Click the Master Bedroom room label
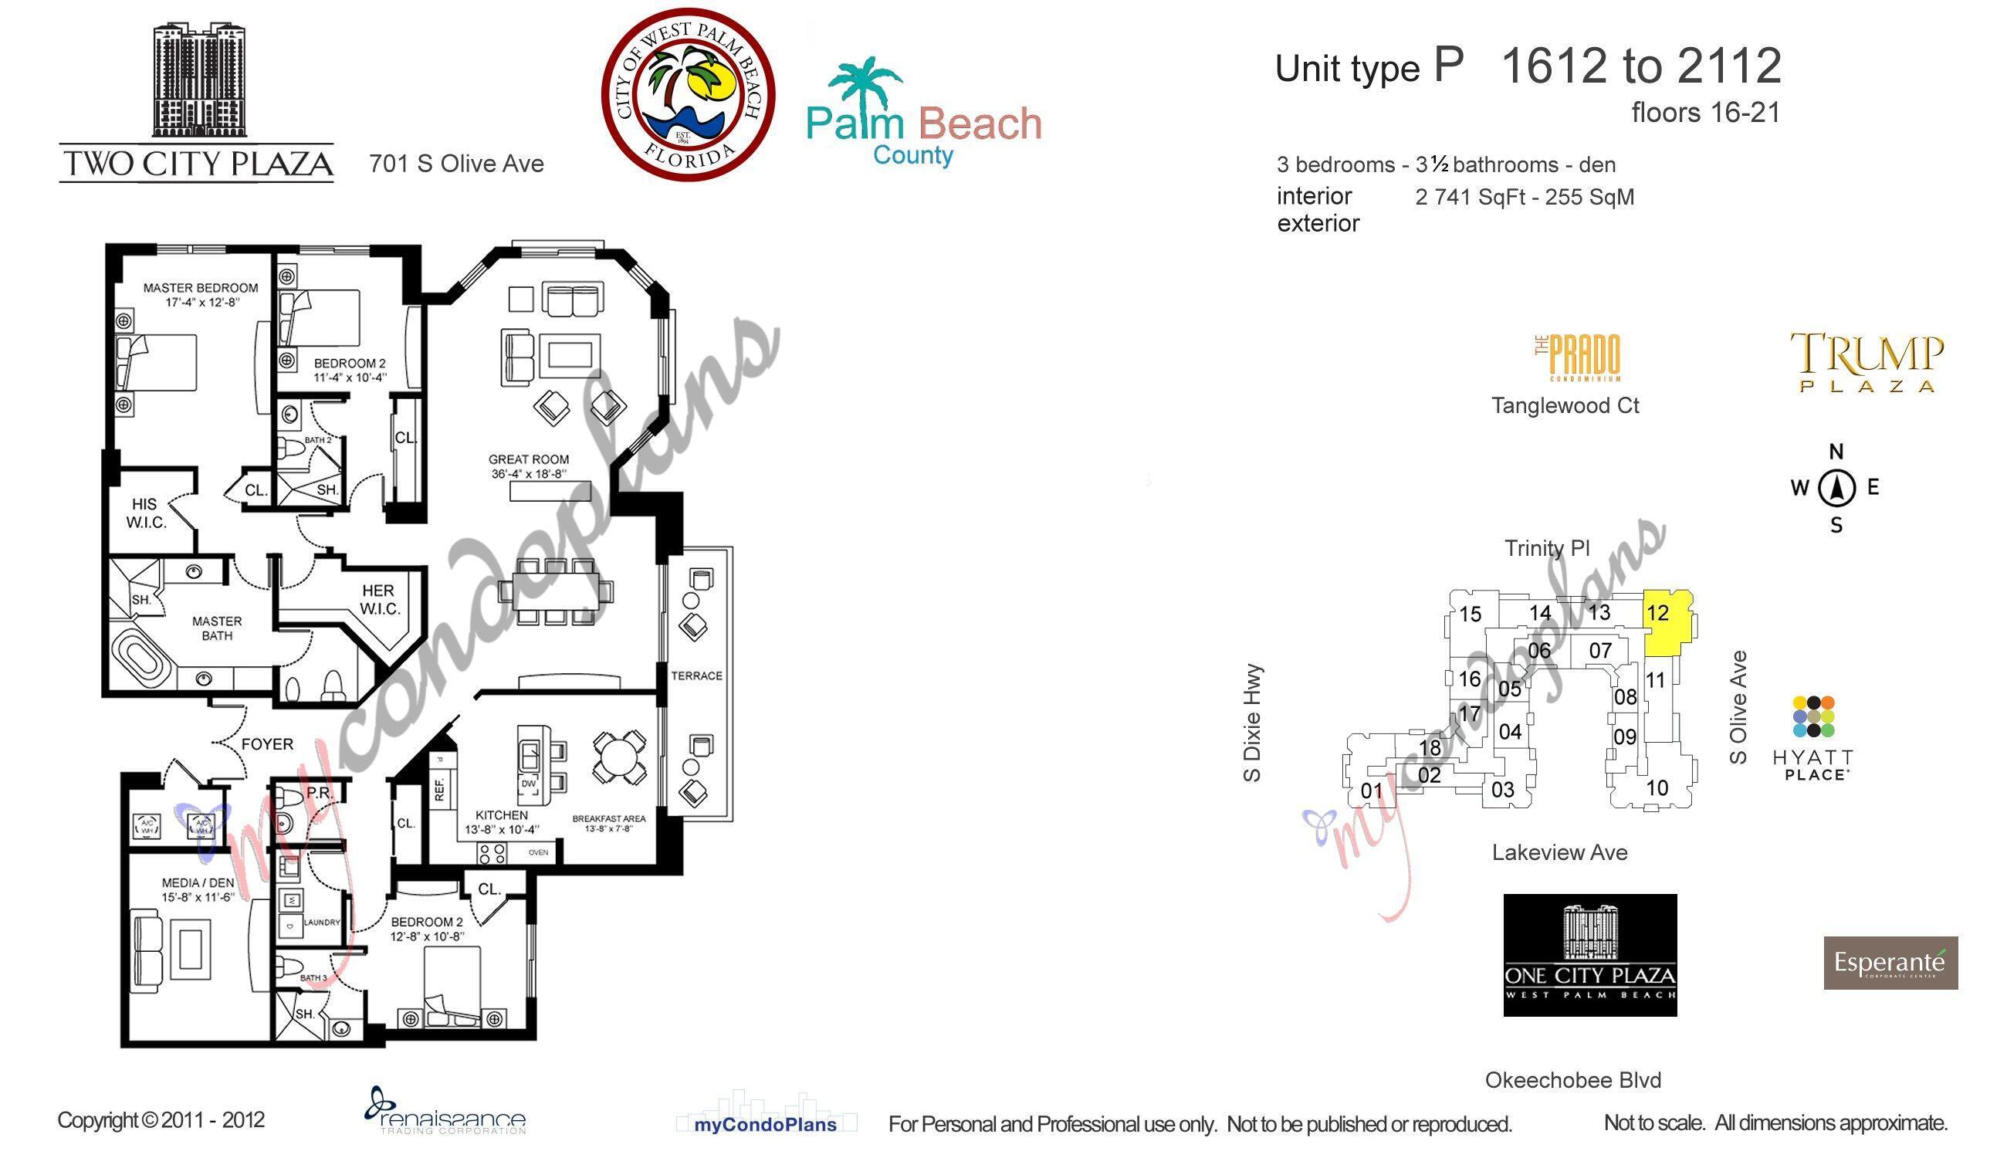click(x=201, y=294)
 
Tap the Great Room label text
click(x=529, y=466)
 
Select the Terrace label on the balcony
click(x=696, y=676)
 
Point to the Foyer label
click(x=267, y=744)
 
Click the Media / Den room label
click(x=198, y=889)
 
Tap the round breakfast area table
click(x=618, y=757)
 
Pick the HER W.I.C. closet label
click(x=379, y=600)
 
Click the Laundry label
click(x=321, y=923)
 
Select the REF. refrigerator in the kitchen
click(x=440, y=790)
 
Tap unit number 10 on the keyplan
click(x=1657, y=788)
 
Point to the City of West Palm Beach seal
click(x=688, y=96)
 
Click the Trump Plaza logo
click(x=1867, y=362)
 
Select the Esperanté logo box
click(x=1890, y=963)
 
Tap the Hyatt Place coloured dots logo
click(x=1814, y=716)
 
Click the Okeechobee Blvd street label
click(x=1573, y=1080)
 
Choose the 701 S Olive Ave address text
click(x=456, y=164)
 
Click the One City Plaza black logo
click(x=1589, y=955)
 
